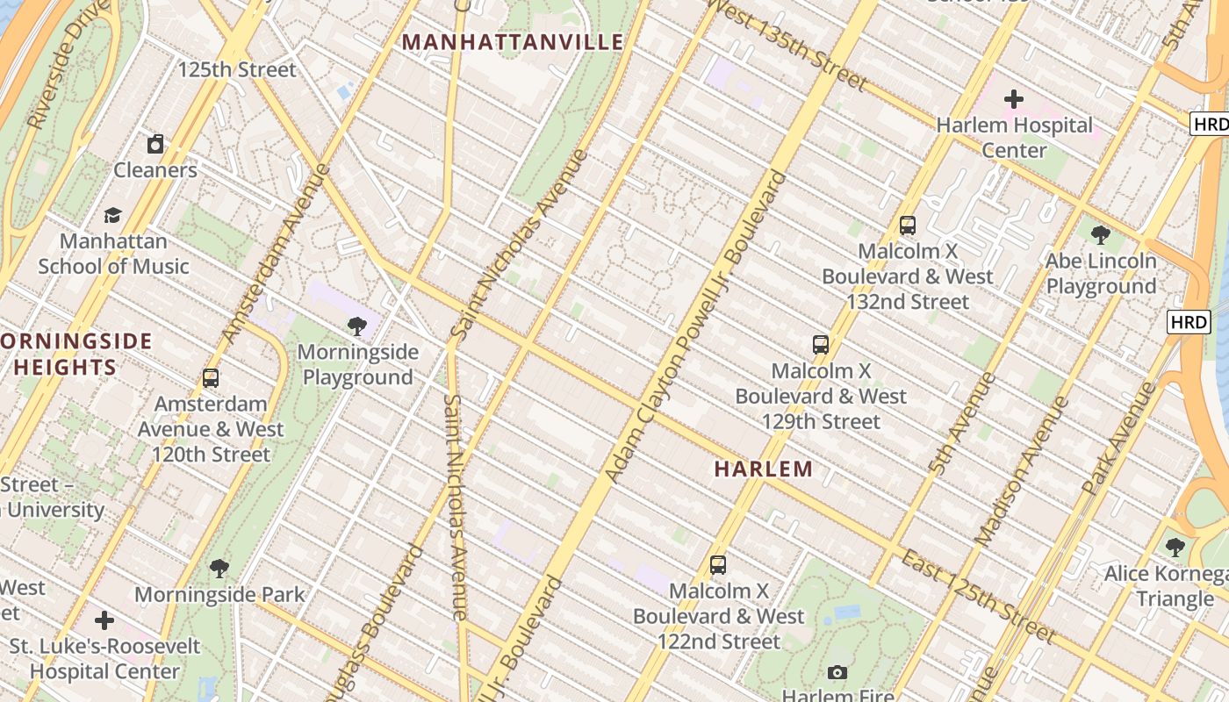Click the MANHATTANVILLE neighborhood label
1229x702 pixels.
tap(513, 42)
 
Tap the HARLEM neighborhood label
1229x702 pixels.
tap(763, 469)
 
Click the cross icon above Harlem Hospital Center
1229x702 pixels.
tap(1014, 98)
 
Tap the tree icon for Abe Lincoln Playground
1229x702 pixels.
tap(1100, 234)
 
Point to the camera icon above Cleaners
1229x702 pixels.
tap(155, 143)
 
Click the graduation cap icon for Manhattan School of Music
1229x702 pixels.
tap(112, 215)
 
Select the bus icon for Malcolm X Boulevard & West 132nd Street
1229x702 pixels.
tap(908, 226)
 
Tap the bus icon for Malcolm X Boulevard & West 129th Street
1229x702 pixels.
tap(821, 345)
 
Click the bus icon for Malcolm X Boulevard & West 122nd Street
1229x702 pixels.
tap(718, 565)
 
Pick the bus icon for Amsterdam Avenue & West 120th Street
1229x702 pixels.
tap(211, 378)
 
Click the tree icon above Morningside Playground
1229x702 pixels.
tap(356, 326)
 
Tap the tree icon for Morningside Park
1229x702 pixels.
tap(219, 569)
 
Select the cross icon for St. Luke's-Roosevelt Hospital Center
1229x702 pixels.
tap(104, 620)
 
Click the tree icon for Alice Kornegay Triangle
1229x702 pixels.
tap(1175, 548)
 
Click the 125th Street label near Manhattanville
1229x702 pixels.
tap(237, 69)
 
